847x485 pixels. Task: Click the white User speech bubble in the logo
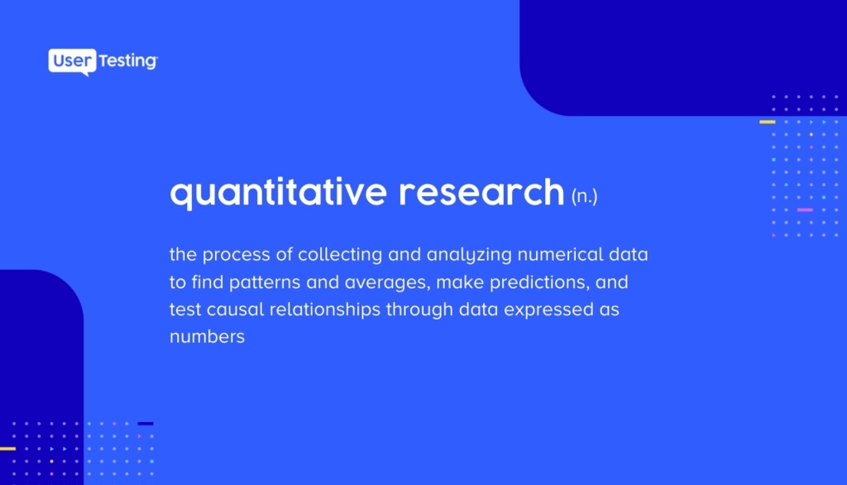(x=73, y=61)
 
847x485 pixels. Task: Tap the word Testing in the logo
(x=128, y=61)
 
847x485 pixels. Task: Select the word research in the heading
(x=481, y=192)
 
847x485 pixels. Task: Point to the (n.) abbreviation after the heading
(x=585, y=195)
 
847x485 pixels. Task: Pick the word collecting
(x=340, y=255)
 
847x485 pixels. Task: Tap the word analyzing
(x=469, y=255)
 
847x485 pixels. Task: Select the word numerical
(x=560, y=254)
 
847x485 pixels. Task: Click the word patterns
(x=265, y=282)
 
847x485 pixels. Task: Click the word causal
(x=236, y=310)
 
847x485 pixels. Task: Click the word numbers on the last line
(x=208, y=337)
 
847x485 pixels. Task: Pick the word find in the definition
(x=208, y=281)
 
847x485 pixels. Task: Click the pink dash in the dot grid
(x=805, y=209)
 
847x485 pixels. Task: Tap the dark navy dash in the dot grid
(x=146, y=424)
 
